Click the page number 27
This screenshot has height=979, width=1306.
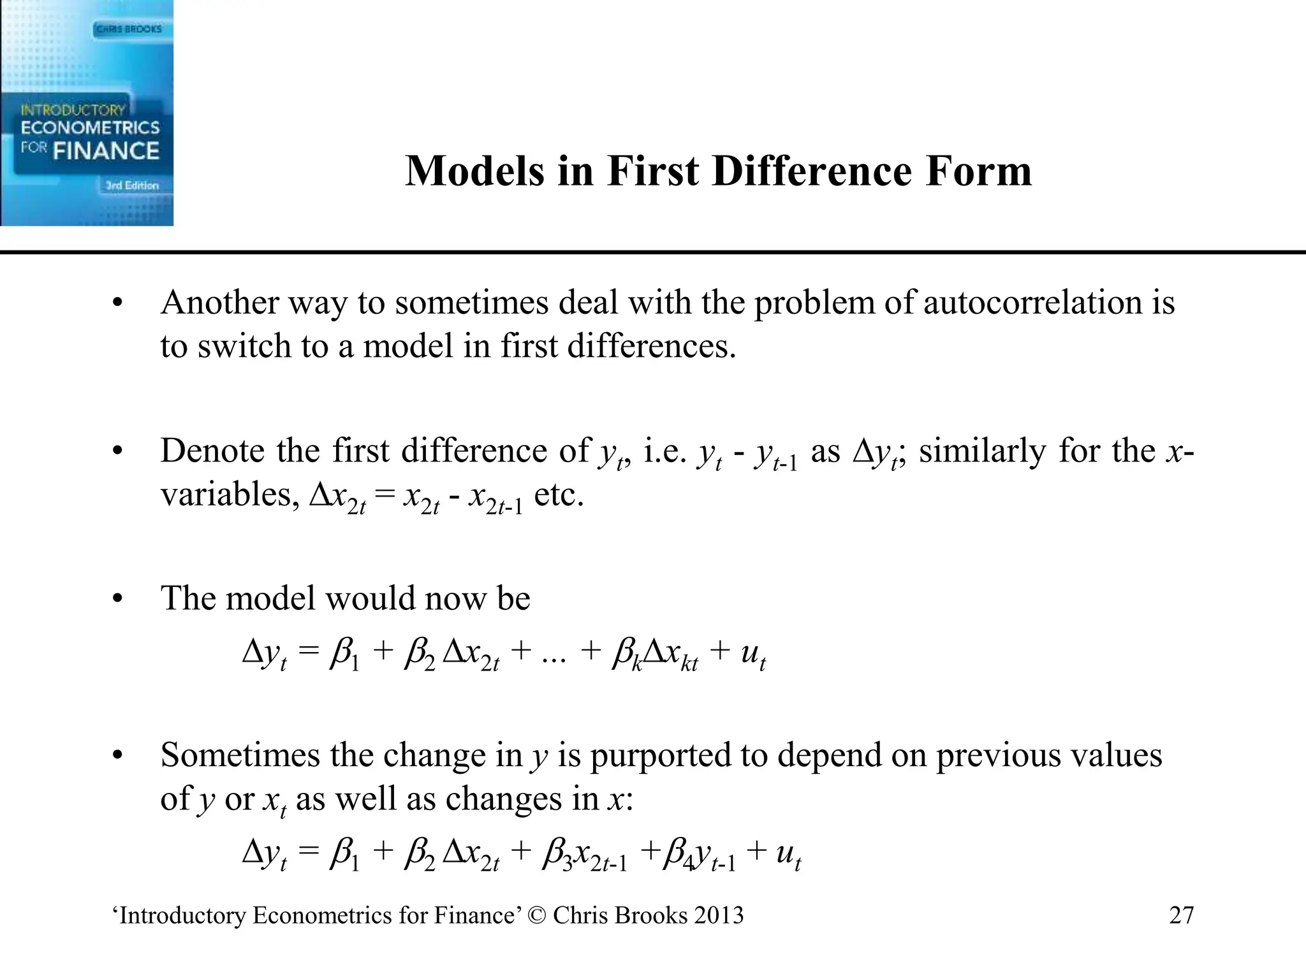pos(1181,915)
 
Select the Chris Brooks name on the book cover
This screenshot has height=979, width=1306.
pos(129,29)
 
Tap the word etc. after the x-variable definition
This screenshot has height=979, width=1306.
pos(559,495)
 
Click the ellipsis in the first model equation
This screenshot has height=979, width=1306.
pos(553,656)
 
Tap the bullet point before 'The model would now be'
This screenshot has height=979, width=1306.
pos(117,599)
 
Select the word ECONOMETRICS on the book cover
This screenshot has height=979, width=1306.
pos(90,127)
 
